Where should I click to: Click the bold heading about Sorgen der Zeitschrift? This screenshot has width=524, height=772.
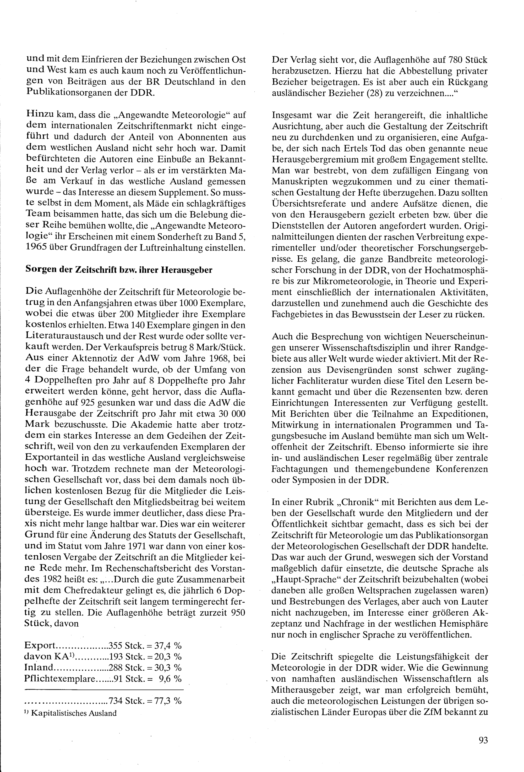tap(119, 270)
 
